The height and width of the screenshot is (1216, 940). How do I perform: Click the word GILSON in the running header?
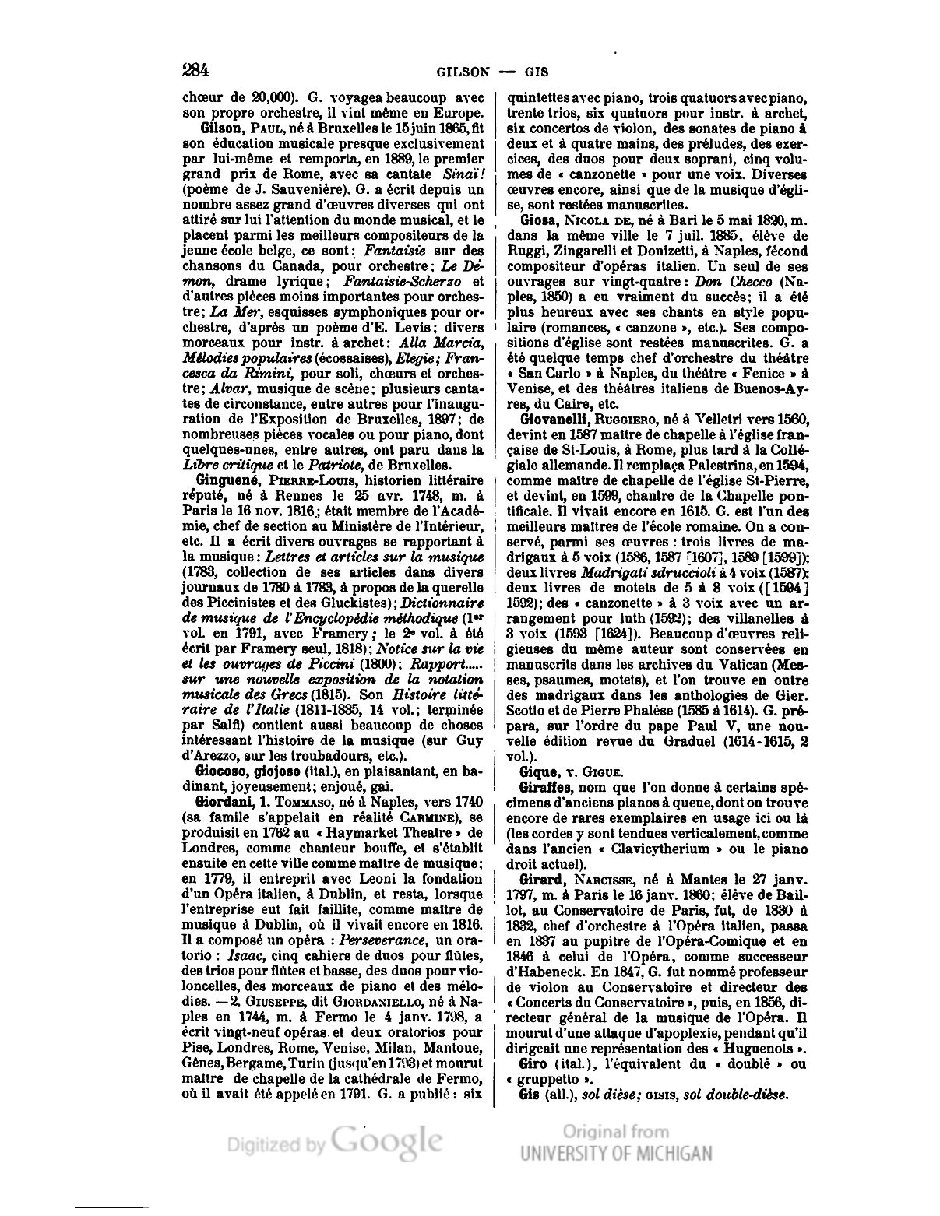(x=462, y=72)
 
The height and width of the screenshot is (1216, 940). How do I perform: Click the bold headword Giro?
(x=534, y=1063)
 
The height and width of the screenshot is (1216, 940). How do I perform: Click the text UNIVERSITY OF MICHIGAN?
(x=616, y=1153)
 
